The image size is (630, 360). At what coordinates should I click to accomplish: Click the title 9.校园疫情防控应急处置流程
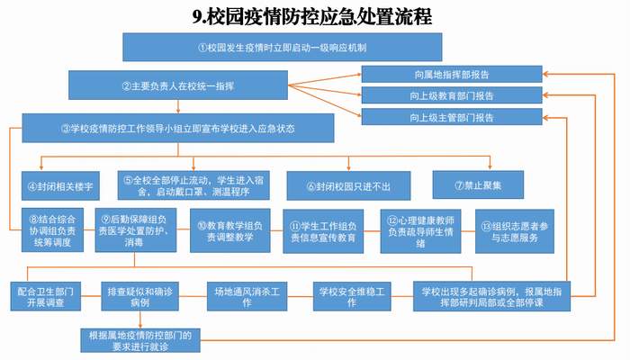click(311, 17)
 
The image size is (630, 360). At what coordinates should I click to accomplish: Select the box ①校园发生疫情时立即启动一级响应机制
click(282, 48)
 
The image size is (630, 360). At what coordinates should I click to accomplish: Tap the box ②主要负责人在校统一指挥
click(178, 85)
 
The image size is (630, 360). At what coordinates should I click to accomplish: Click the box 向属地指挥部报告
click(452, 75)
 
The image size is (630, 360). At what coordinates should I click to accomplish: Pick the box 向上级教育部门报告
click(452, 95)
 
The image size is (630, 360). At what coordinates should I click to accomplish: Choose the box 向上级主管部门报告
click(452, 117)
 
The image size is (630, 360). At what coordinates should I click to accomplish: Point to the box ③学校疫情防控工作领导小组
click(178, 128)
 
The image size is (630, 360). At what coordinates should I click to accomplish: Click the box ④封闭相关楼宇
click(60, 186)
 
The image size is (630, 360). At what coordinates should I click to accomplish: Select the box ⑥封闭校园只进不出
click(349, 186)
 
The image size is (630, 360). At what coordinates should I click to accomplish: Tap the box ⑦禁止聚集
click(478, 184)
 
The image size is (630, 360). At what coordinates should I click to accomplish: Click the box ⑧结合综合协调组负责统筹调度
click(52, 230)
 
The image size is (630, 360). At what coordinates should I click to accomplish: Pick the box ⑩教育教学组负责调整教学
click(230, 231)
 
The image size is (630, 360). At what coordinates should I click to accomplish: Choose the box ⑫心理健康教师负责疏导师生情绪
click(420, 231)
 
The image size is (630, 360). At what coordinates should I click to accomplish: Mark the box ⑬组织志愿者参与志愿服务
click(515, 231)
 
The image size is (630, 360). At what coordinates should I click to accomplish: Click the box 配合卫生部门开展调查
click(45, 296)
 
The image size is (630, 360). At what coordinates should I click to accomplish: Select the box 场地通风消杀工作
click(247, 296)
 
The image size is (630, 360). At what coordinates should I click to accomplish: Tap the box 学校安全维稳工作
click(352, 296)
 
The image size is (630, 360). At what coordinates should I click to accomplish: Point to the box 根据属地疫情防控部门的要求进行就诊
click(140, 341)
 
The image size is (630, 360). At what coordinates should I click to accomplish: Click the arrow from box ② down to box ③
click(178, 106)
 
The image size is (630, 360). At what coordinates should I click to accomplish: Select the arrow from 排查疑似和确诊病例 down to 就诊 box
click(140, 319)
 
